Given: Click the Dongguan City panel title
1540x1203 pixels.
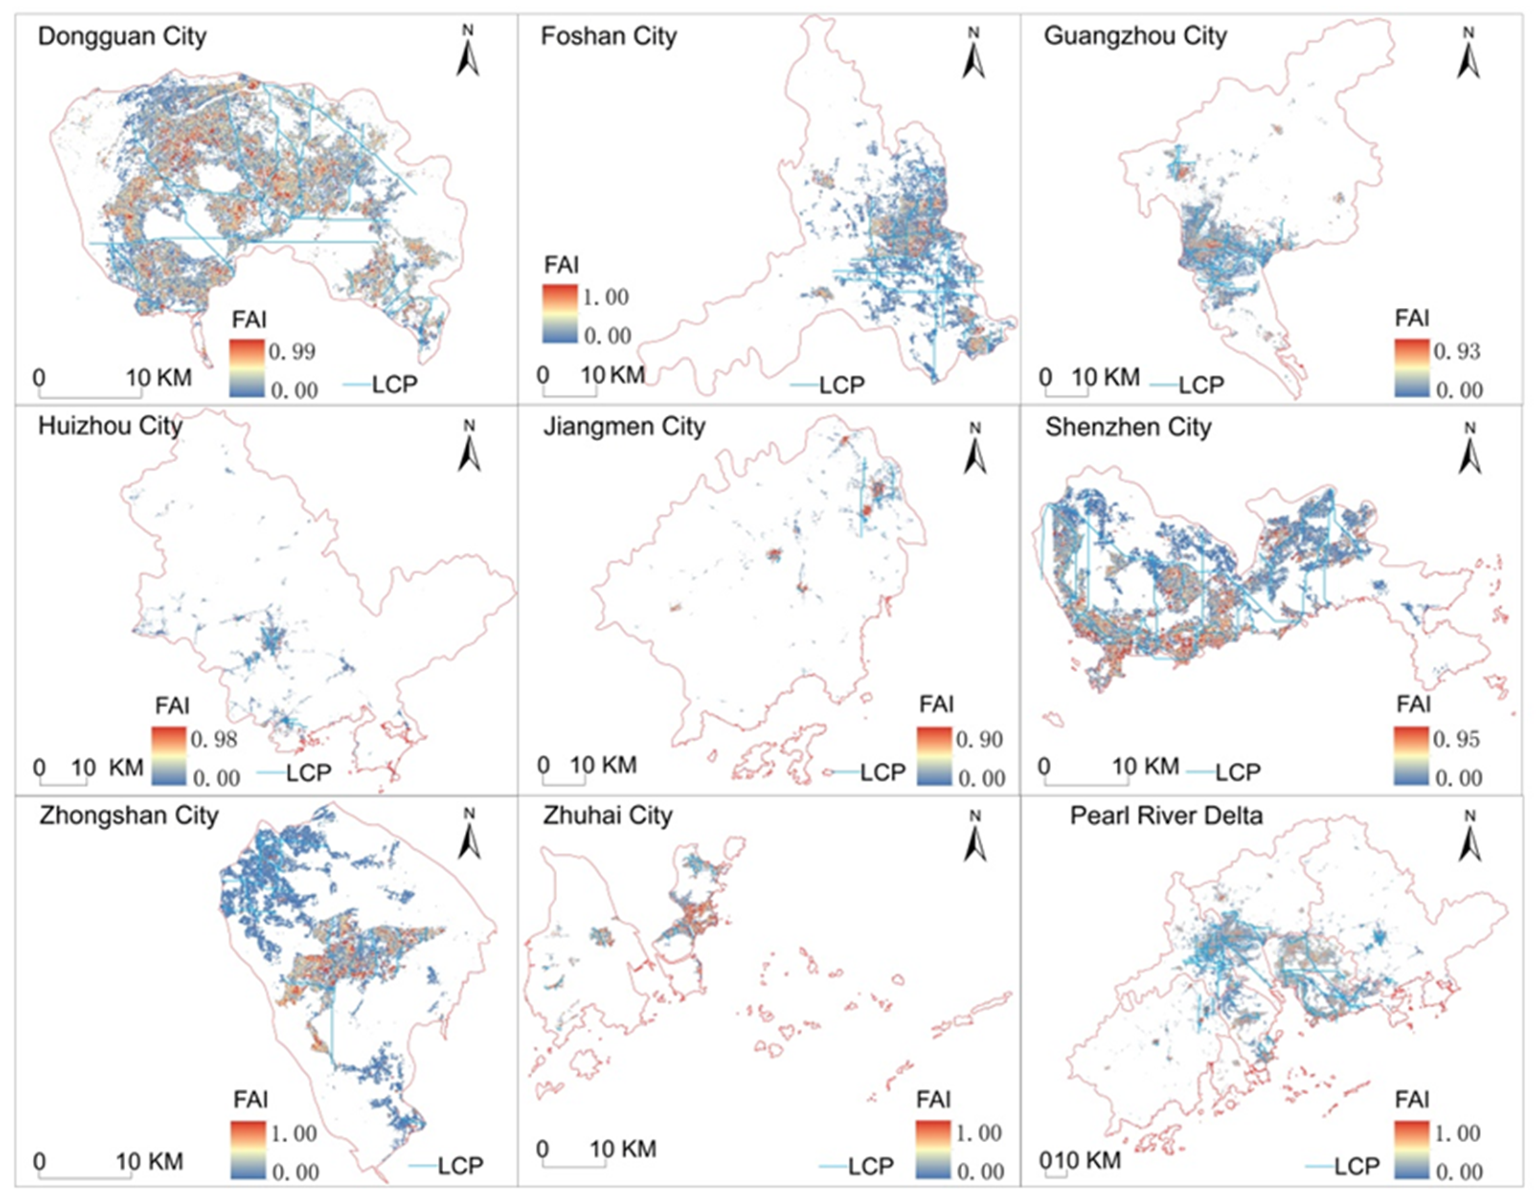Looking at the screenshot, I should (x=122, y=37).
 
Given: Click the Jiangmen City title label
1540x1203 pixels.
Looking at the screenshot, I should (x=624, y=427).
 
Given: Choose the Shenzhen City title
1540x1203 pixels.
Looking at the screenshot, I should (x=1128, y=427).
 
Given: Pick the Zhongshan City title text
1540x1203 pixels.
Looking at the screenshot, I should (x=128, y=815).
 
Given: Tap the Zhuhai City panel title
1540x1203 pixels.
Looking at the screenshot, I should (x=608, y=815).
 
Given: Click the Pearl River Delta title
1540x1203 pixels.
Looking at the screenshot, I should (x=1166, y=815).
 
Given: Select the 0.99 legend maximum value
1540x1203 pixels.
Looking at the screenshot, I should (x=292, y=351).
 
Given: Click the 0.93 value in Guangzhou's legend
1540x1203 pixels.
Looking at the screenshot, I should (x=1457, y=351).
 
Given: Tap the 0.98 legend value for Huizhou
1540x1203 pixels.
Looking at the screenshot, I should (x=214, y=739).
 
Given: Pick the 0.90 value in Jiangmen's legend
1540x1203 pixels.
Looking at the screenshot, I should (x=979, y=739).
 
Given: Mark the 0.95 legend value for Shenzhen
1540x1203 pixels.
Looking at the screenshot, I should (x=1457, y=739).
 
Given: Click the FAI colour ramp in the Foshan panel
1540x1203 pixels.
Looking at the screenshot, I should (x=560, y=314).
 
